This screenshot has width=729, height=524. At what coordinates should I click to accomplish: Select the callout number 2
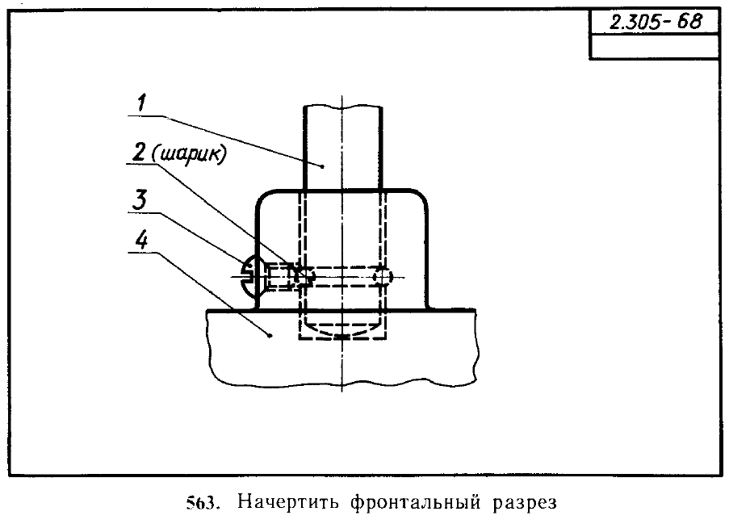tap(140, 152)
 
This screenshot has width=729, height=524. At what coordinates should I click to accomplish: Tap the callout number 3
tap(140, 200)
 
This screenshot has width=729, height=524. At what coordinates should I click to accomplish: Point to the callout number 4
tap(142, 240)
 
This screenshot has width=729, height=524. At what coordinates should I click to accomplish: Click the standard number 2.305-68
tap(655, 22)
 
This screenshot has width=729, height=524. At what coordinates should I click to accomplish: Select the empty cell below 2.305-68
tap(654, 46)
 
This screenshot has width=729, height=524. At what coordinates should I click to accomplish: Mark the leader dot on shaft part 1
tap(323, 166)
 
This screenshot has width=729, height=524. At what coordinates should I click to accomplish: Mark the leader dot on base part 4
tap(270, 335)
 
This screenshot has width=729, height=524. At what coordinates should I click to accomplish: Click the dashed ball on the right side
tap(382, 277)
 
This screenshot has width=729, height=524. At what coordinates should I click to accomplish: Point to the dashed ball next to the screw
tap(304, 277)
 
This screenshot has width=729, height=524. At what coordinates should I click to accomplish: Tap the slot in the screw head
tap(247, 277)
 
